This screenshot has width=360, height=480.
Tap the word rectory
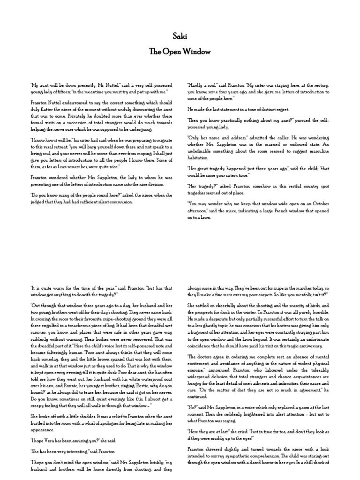pyautogui.click(x=322, y=85)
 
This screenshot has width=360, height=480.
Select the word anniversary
pyautogui.click(x=310, y=345)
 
